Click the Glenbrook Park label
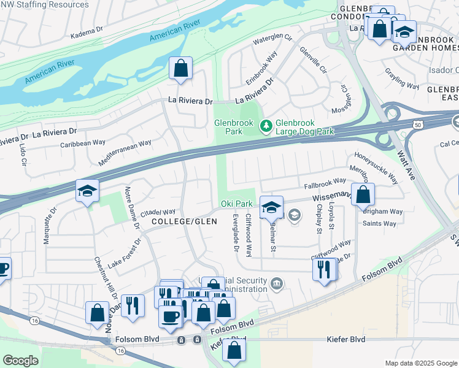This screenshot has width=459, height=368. tap(233, 127)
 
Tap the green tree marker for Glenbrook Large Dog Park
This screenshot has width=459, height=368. tap(266, 126)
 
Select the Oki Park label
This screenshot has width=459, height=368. tap(236, 204)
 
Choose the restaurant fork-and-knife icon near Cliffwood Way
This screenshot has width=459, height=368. tap(323, 269)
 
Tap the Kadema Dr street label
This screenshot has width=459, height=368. tap(87, 31)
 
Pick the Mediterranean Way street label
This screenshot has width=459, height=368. tap(125, 153)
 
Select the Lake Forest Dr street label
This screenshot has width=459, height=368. tap(125, 252)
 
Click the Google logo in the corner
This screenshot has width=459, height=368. tap(20, 361)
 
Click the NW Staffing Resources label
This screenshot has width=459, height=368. tap(44, 4)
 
